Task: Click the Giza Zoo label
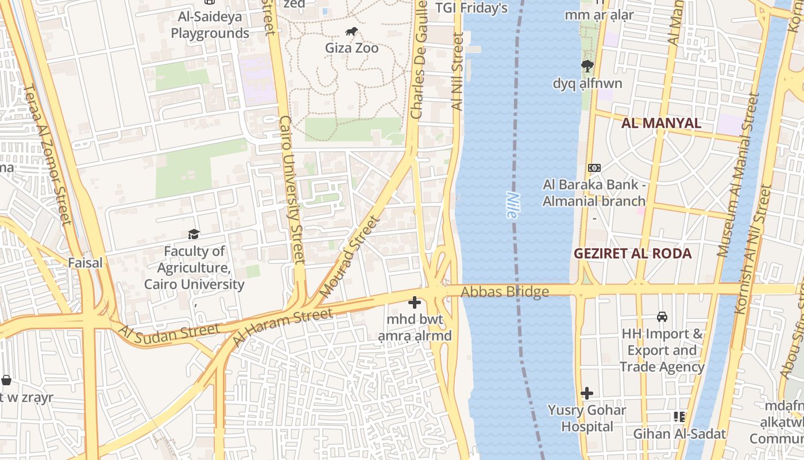[x=351, y=48]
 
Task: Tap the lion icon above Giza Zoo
[x=351, y=32]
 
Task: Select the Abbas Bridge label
[x=505, y=292]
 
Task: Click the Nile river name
[x=512, y=205]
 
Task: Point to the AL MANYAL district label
[x=661, y=123]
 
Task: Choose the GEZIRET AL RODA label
[x=632, y=254]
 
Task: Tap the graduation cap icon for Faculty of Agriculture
[x=194, y=234]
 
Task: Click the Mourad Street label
[x=350, y=256]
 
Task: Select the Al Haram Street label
[x=283, y=328]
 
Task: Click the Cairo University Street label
[x=291, y=190]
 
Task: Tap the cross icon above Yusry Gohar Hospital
[x=586, y=394]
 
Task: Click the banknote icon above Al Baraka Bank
[x=594, y=168]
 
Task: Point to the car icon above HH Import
[x=662, y=317]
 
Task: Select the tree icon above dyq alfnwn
[x=587, y=66]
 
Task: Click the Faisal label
[x=85, y=263]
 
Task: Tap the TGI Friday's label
[x=471, y=8]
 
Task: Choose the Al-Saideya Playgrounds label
[x=210, y=25]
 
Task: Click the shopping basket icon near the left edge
[x=6, y=380]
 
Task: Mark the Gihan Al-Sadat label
[x=679, y=434]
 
